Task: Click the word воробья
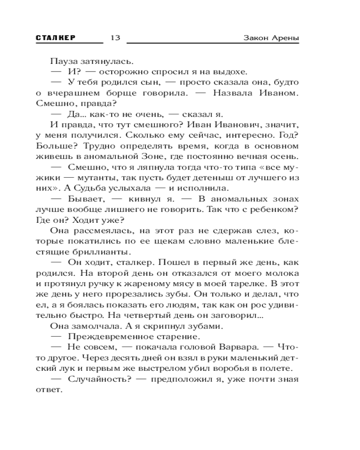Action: [x=228, y=368]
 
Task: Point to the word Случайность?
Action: [x=99, y=379]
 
